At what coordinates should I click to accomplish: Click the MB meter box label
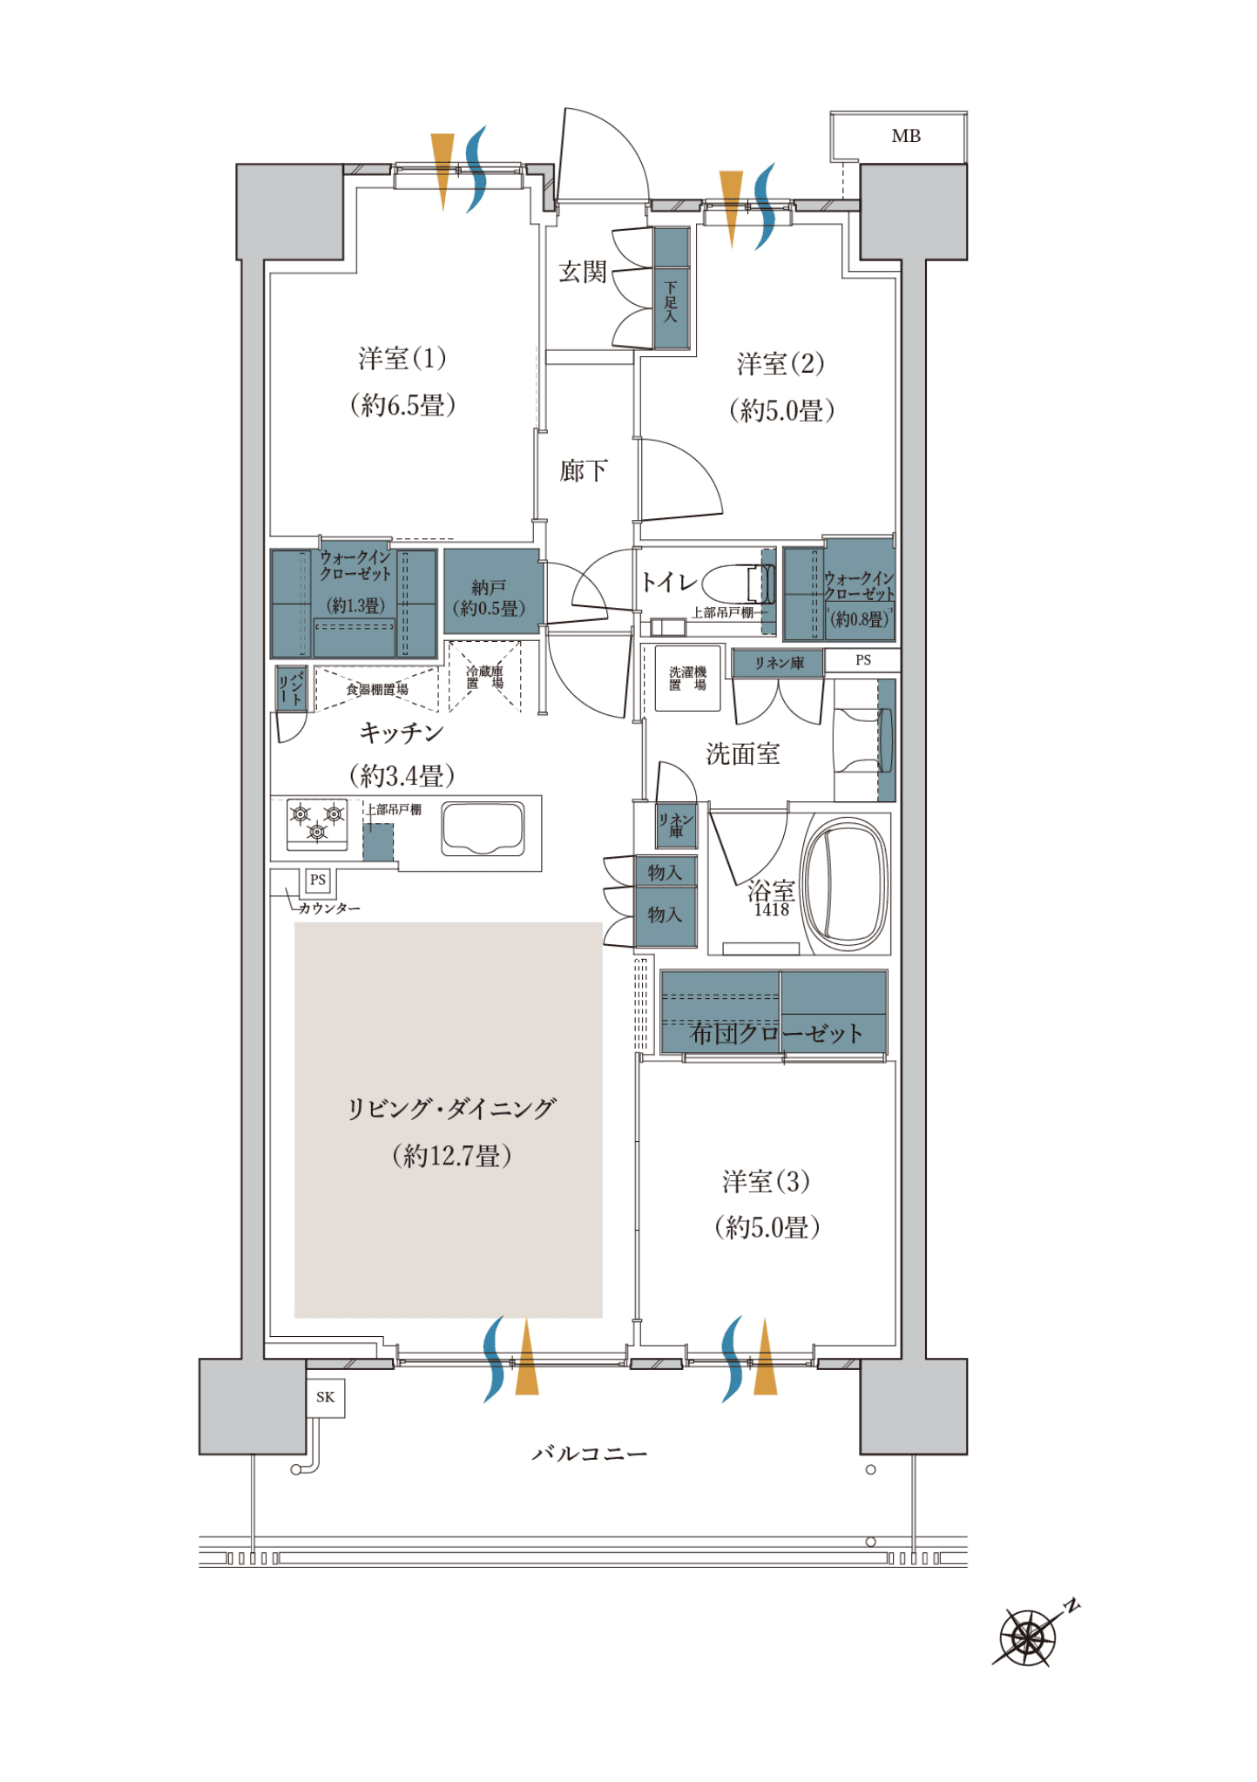tap(906, 136)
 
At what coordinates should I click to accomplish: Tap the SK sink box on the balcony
tap(326, 1397)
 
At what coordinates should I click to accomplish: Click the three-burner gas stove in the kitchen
tap(317, 824)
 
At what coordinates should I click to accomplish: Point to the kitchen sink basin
tap(483, 828)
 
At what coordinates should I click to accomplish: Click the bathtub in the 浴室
tap(845, 885)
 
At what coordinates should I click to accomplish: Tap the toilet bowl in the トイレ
tap(737, 584)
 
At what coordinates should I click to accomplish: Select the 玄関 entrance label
tap(582, 273)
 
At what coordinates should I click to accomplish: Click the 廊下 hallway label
tap(584, 471)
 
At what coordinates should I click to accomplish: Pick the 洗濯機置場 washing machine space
tap(688, 678)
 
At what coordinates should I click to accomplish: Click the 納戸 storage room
tap(493, 591)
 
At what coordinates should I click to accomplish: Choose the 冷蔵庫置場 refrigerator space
tap(484, 677)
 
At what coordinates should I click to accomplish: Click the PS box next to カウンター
tap(318, 880)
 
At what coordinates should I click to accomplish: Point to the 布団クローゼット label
tap(776, 1034)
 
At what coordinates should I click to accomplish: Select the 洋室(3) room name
tap(766, 1182)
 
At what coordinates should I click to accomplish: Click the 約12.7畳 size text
tap(451, 1156)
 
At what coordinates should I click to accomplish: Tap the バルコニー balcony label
tap(590, 1454)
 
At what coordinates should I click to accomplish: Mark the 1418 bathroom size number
tap(771, 910)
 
